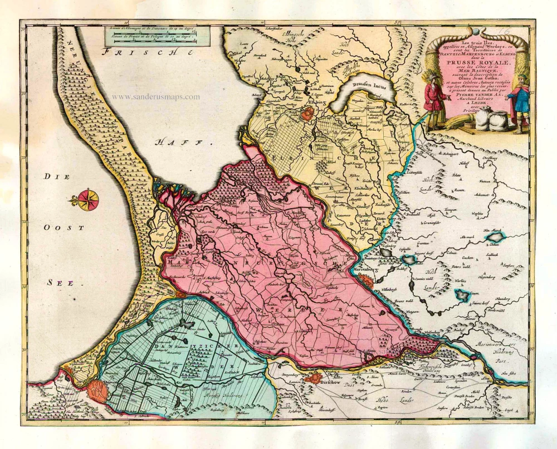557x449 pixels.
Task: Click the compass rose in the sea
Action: tap(86, 199)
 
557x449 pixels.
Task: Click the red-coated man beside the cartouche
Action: tap(434, 98)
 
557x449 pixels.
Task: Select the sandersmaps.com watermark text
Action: tap(155, 96)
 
